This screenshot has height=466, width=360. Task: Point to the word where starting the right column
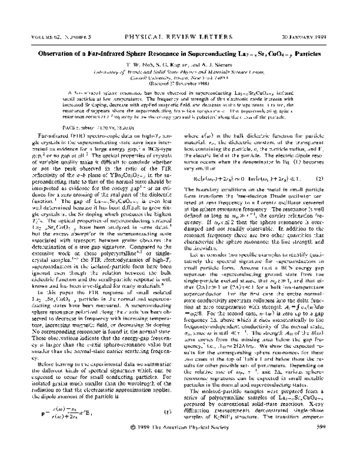click(x=192, y=136)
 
